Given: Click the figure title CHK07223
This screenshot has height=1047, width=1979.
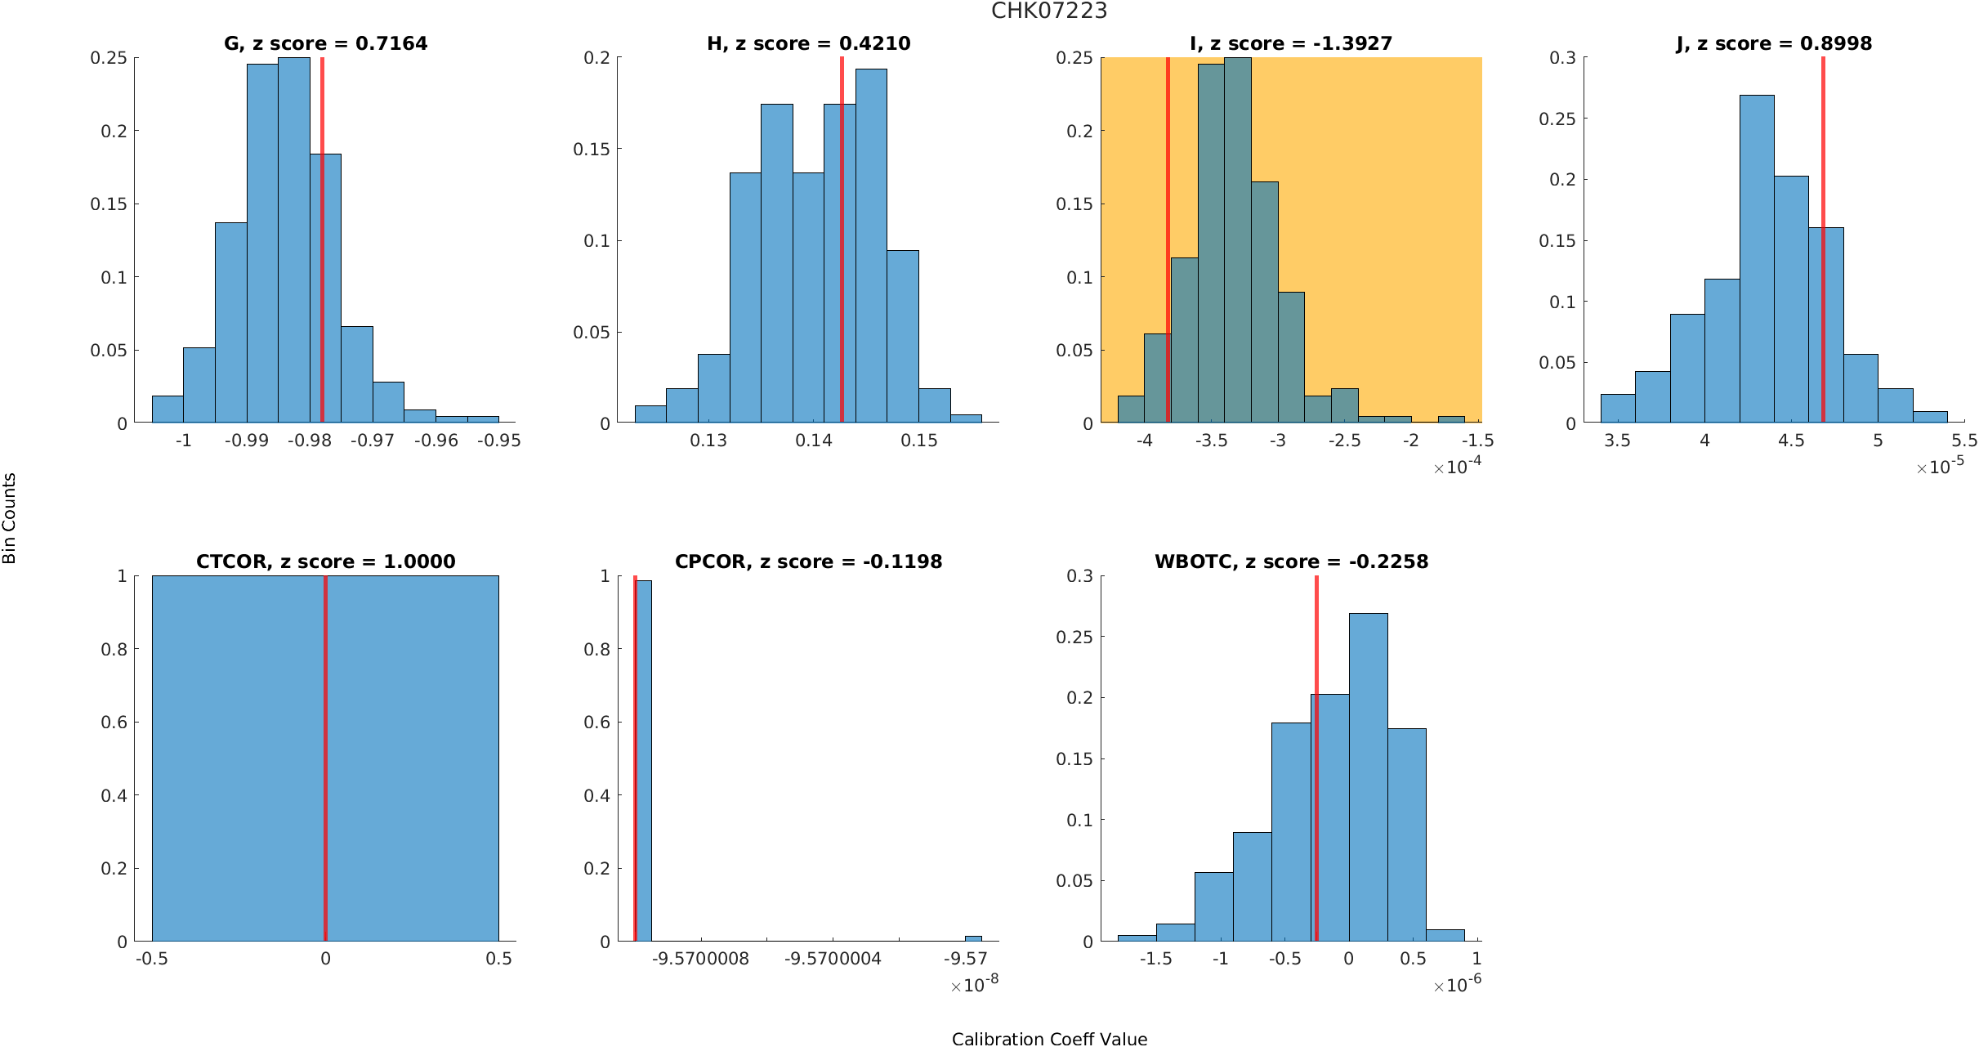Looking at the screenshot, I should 1049,11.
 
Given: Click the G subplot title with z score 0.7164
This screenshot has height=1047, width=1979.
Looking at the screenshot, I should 325,43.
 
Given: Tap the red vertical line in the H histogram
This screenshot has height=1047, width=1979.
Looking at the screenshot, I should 842,245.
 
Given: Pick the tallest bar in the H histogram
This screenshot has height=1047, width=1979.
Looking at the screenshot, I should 871,245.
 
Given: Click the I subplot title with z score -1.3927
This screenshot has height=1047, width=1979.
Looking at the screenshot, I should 1291,43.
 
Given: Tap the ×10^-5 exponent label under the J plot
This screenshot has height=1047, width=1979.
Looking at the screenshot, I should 1941,467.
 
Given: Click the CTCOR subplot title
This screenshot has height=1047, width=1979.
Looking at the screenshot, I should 325,562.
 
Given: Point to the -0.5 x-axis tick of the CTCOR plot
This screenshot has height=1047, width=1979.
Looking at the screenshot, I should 152,958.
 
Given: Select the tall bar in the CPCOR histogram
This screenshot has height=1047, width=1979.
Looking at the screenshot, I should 644,760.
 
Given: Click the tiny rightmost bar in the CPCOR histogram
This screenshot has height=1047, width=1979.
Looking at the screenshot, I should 973,938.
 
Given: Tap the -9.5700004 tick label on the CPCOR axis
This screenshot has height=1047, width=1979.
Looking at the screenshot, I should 833,958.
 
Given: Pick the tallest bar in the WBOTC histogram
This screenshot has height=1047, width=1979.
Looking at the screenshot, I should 1368,776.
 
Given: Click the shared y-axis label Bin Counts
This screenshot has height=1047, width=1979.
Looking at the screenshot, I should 10,518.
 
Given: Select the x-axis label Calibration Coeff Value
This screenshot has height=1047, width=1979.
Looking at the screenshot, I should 1049,1039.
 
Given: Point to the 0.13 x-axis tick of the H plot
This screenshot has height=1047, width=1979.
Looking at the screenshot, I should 708,441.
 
